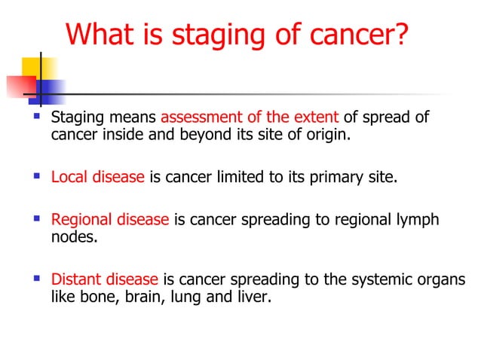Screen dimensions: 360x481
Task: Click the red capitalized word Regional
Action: click(x=80, y=221)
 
